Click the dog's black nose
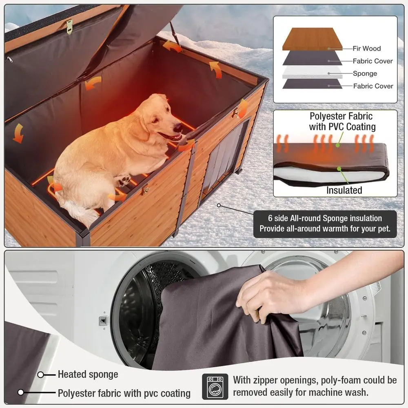point(178,127)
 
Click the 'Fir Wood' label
point(367,49)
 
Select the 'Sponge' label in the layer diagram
point(365,73)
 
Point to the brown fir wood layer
point(312,39)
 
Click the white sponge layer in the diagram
point(312,72)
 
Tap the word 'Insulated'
point(344,190)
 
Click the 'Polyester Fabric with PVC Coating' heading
point(342,121)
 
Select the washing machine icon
point(215,387)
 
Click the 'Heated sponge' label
point(88,375)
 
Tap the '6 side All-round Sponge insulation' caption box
point(325,224)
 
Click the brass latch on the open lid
point(69,27)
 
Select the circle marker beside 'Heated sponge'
point(40,375)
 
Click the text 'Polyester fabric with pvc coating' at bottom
point(124,393)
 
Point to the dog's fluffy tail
point(78,212)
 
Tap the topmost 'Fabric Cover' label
point(373,61)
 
